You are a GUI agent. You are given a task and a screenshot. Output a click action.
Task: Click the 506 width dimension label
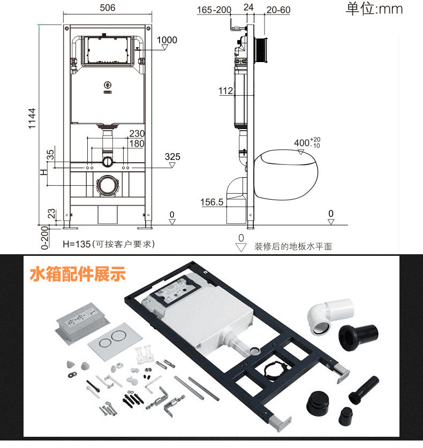pyautogui.click(x=108, y=7)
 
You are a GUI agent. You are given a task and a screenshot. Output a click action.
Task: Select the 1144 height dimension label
pyautogui.click(x=32, y=118)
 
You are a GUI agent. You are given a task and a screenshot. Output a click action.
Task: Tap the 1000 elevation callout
pyautogui.click(x=167, y=40)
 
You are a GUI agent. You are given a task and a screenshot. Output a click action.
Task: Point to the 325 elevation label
pyautogui.click(x=172, y=157)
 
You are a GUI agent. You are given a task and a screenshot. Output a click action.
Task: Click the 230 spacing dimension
pyautogui.click(x=137, y=133)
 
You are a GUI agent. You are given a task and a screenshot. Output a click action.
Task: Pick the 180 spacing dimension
pyautogui.click(x=137, y=143)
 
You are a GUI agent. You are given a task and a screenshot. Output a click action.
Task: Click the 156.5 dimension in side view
pyautogui.click(x=212, y=202)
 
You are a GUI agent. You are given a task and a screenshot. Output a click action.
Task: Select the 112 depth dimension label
pyautogui.click(x=226, y=91)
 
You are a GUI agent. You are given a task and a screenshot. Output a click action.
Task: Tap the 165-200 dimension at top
pyautogui.click(x=214, y=10)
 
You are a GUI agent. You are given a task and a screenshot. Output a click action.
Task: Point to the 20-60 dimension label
pyautogui.click(x=278, y=10)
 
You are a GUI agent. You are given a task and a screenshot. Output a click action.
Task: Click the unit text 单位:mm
pyautogui.click(x=374, y=9)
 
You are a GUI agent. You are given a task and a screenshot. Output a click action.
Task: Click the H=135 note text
pyautogui.click(x=109, y=244)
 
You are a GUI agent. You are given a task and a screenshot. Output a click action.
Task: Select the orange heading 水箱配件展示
pyautogui.click(x=78, y=274)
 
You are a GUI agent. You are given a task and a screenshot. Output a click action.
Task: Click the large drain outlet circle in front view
pyautogui.click(x=107, y=185)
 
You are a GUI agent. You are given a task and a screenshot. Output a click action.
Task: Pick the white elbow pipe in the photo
pyautogui.click(x=330, y=316)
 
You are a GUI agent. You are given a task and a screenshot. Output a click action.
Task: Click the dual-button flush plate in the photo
pyautogui.click(x=115, y=339)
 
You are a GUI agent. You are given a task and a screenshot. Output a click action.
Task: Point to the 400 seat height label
pyautogui.click(x=307, y=142)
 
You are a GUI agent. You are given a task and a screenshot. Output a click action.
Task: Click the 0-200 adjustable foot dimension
pyautogui.click(x=45, y=238)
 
